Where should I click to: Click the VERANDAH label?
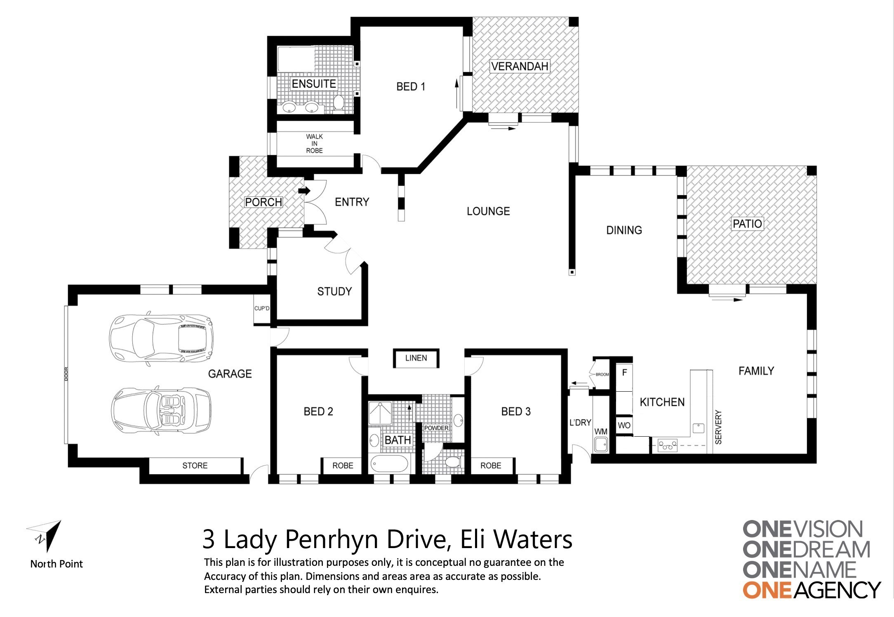pos(520,66)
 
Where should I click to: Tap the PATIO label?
pos(747,224)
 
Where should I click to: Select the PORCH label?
pos(263,202)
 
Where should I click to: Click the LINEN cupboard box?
pos(416,358)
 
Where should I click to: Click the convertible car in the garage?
pos(161,410)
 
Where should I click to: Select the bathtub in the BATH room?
pos(390,464)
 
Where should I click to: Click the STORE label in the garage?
pos(195,466)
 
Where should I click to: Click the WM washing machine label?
pos(601,431)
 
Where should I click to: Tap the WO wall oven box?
pos(624,425)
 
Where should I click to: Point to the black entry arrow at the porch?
pos(304,191)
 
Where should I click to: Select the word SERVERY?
pos(718,427)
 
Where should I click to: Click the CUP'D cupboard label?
pos(262,308)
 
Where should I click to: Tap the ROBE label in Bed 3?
pos(491,466)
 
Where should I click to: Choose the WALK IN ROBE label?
pos(314,144)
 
